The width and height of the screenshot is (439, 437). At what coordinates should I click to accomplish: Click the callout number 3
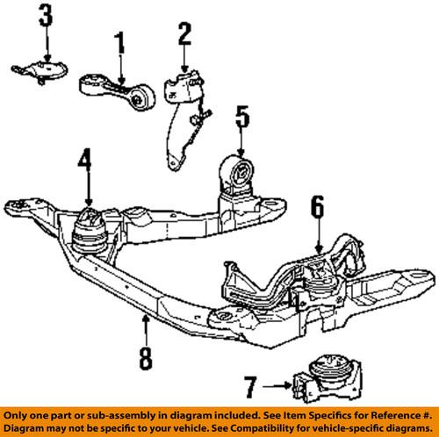(46, 15)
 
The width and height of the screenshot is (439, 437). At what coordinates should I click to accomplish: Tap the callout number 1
(119, 43)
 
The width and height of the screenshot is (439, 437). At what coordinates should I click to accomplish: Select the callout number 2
(184, 34)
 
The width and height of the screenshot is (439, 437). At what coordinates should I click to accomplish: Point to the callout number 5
(242, 117)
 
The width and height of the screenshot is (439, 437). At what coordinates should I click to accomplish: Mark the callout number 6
(318, 207)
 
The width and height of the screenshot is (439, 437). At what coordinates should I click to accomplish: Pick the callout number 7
(251, 387)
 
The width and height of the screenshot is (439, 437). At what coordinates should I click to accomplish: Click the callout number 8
(146, 359)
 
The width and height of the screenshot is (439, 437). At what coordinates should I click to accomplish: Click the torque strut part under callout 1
(117, 92)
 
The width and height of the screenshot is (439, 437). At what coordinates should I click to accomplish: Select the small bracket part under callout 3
(40, 71)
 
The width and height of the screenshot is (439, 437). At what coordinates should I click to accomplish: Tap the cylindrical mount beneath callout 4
(90, 231)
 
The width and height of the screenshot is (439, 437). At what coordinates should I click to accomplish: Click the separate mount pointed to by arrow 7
(327, 379)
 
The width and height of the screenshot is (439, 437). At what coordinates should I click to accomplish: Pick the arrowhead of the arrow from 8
(146, 318)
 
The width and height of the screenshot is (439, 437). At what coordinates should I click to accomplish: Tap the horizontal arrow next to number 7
(277, 386)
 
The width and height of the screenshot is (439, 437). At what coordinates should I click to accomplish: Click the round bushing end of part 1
(141, 98)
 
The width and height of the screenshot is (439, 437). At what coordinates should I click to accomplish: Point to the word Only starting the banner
(14, 416)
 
